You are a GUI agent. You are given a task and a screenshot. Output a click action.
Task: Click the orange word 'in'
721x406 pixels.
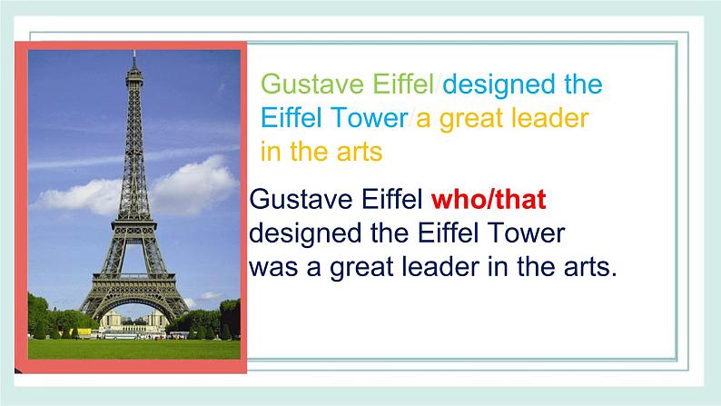point(271,152)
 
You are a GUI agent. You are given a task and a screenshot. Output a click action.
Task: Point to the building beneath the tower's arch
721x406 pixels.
point(134,321)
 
